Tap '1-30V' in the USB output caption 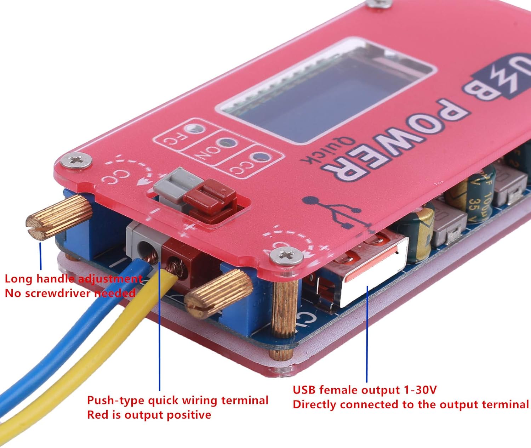point(420,390)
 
